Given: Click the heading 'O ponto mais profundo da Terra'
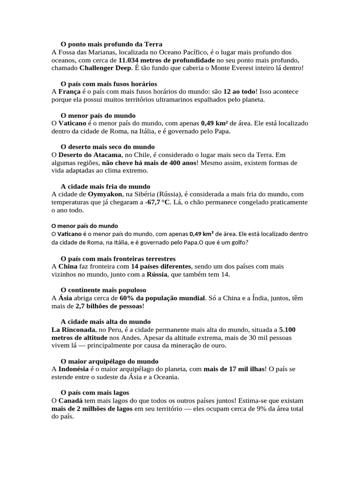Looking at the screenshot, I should [x=112, y=44].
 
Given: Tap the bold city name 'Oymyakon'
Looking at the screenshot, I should [x=104, y=194].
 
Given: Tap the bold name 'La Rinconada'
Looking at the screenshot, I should [x=73, y=330].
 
